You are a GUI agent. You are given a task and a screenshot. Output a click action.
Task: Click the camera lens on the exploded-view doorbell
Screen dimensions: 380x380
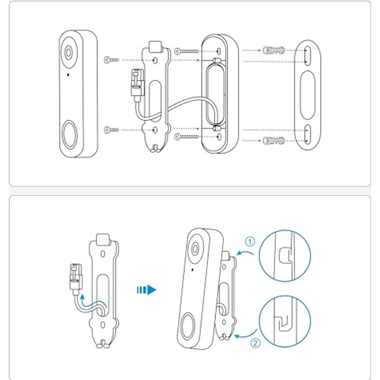pyautogui.click(x=69, y=53)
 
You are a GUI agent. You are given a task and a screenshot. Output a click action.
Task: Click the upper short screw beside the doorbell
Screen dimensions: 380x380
pyautogui.click(x=111, y=60)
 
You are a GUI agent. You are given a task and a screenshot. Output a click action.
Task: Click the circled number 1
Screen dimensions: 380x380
pyautogui.click(x=250, y=241)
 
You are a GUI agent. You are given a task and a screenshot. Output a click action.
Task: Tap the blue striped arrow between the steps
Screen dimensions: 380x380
pyautogui.click(x=146, y=290)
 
